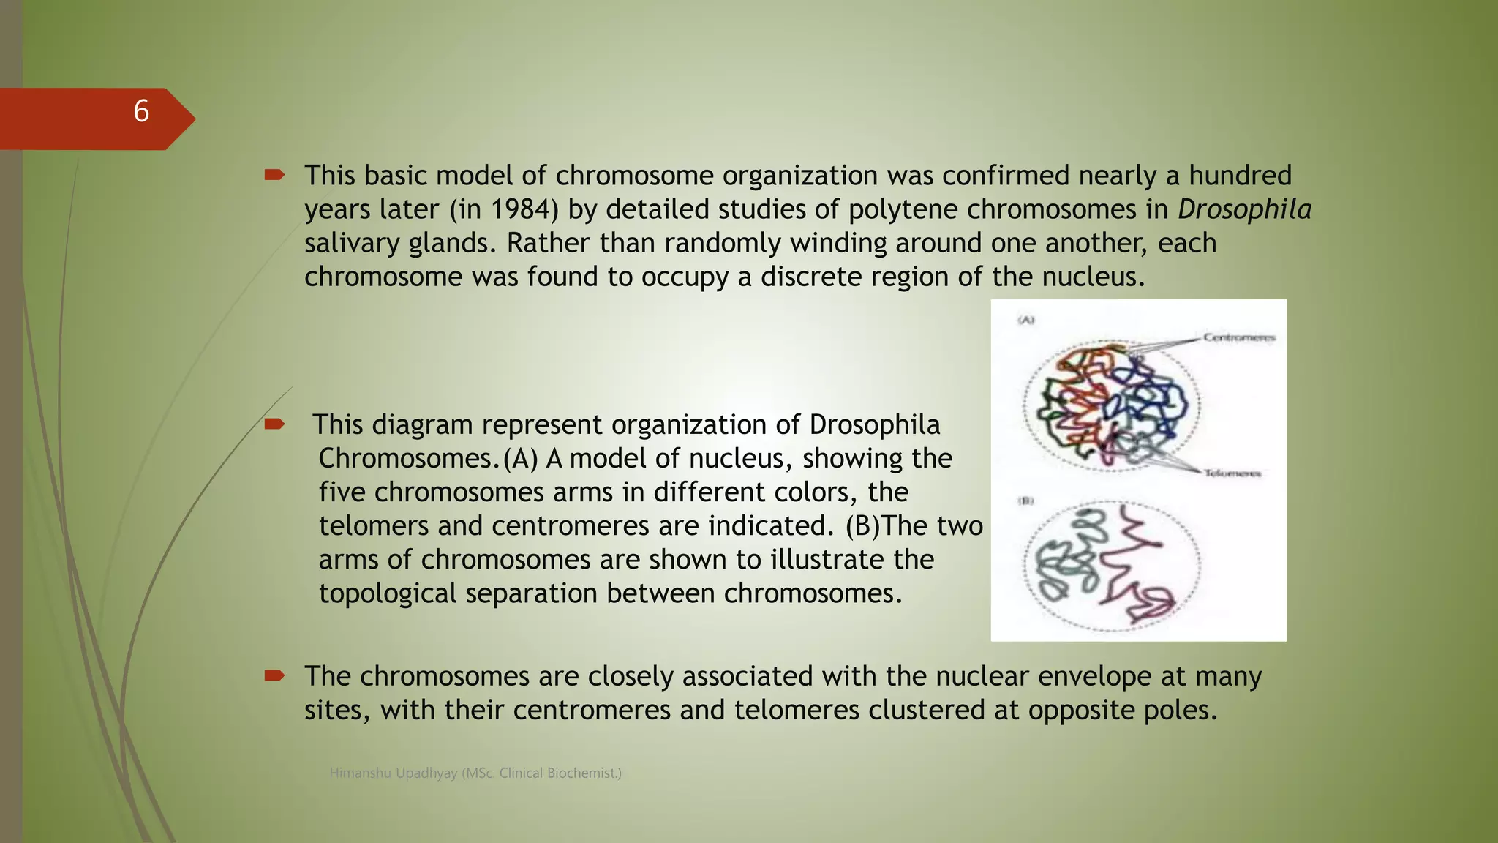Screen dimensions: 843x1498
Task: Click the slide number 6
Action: [141, 112]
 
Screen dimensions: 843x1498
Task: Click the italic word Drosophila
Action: [1244, 209]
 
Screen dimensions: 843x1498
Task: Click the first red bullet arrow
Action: [274, 174]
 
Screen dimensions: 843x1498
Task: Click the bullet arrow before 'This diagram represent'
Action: [274, 424]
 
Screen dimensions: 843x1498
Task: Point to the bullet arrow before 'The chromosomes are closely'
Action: [274, 675]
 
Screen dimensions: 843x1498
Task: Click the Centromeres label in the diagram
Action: [1239, 337]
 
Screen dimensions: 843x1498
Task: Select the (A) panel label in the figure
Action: [1026, 320]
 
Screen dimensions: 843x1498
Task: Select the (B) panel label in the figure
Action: [1026, 501]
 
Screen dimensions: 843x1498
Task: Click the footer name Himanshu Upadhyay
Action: [394, 773]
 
